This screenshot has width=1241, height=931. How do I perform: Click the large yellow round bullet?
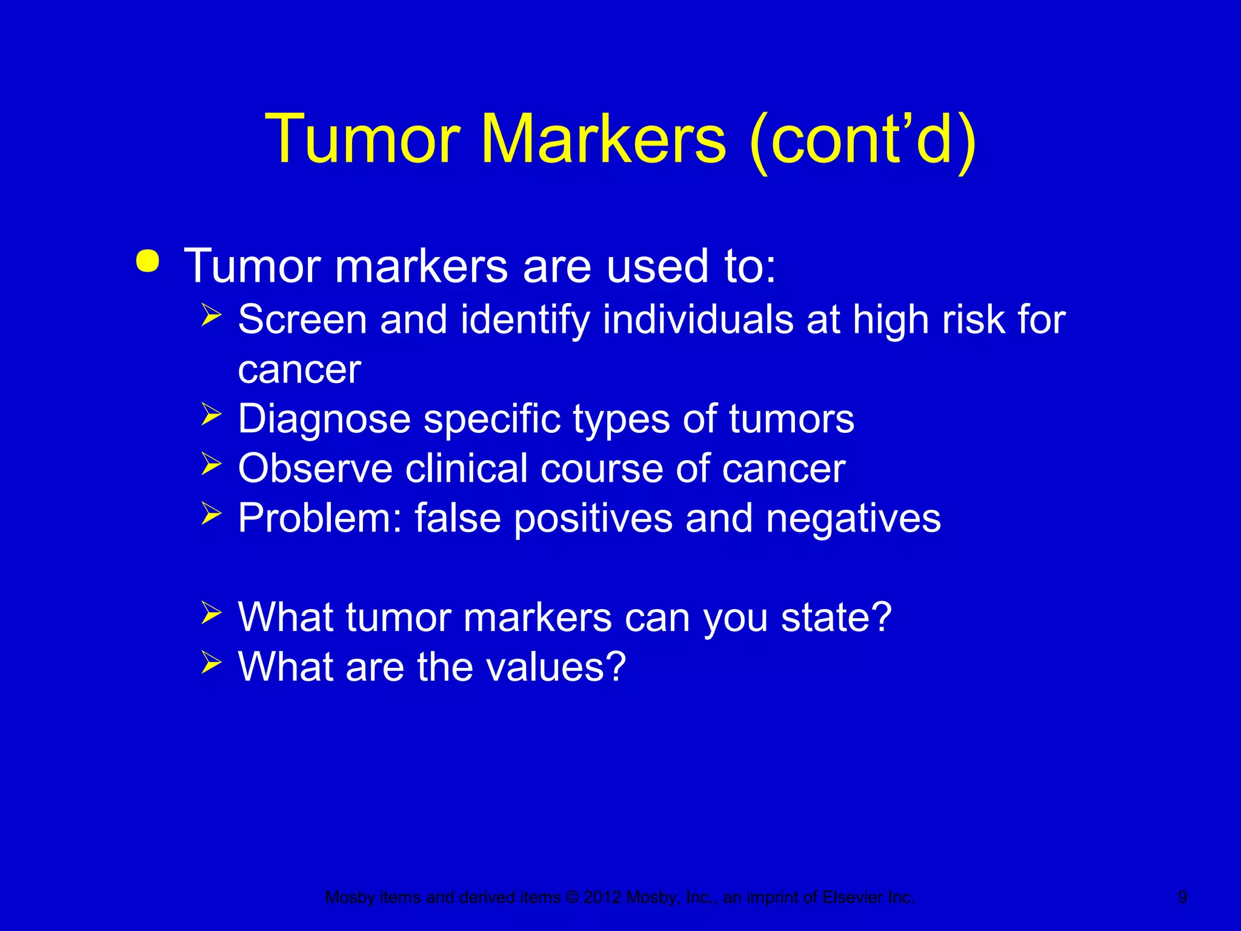[x=148, y=262]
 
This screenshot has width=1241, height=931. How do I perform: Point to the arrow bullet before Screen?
[x=211, y=316]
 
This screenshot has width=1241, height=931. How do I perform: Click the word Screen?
[x=302, y=319]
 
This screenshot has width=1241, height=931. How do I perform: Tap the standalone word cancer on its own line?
[x=299, y=370]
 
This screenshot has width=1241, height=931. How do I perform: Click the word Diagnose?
[x=324, y=419]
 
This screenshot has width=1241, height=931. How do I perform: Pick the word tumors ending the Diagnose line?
[x=791, y=419]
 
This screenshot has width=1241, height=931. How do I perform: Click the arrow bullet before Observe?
[x=211, y=464]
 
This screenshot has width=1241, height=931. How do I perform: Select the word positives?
[x=593, y=519]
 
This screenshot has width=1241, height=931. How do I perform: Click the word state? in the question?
[x=836, y=618]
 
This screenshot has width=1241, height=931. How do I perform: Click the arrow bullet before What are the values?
[x=211, y=662]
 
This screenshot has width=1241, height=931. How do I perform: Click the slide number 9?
[x=1182, y=897]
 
